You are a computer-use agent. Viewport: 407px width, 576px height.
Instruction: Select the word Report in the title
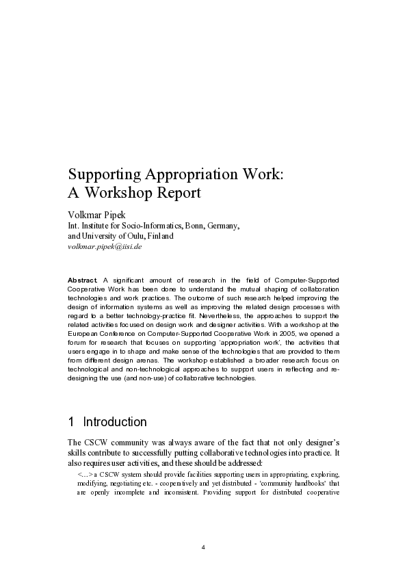point(176,192)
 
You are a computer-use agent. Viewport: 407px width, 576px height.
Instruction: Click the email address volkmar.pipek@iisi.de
point(105,246)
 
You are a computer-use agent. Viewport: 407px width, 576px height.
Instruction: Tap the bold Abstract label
point(83,280)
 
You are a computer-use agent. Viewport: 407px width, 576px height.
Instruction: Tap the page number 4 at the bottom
point(204,547)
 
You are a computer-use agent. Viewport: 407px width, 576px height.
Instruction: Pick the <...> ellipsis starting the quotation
point(86,473)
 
